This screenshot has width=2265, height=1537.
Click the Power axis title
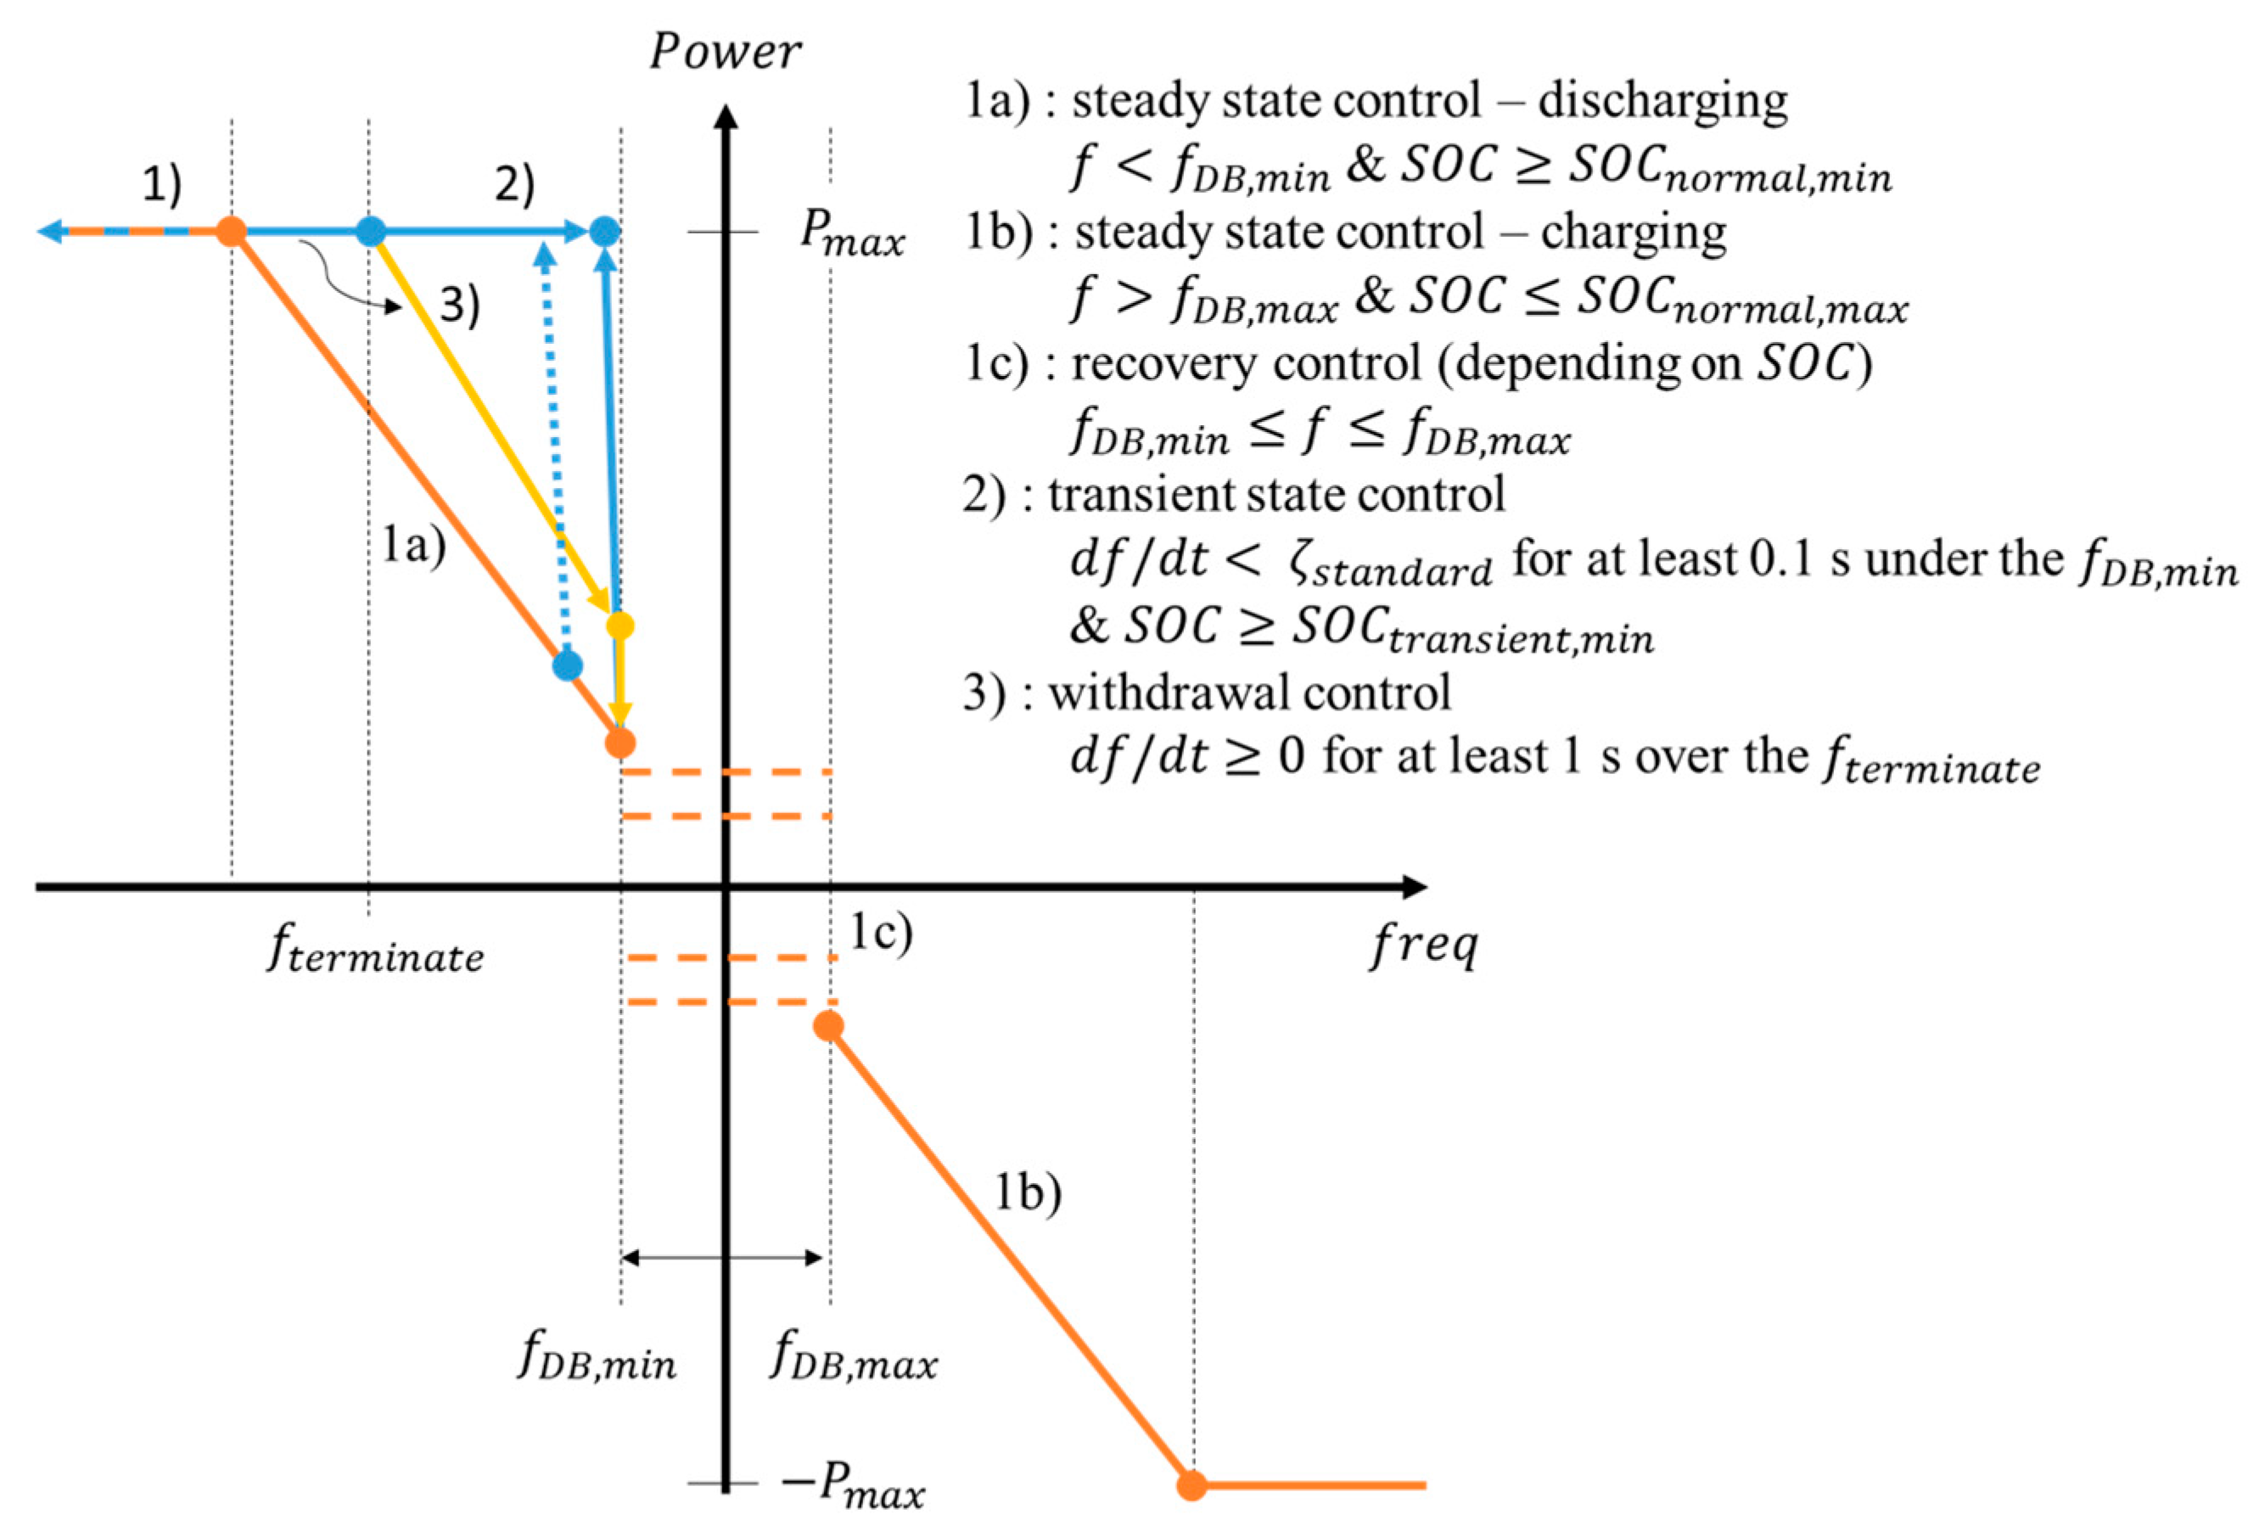(725, 52)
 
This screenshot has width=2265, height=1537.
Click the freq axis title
(1425, 944)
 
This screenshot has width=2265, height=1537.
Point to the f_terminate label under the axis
(375, 951)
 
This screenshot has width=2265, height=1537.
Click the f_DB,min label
(597, 1357)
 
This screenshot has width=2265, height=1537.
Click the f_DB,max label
(854, 1357)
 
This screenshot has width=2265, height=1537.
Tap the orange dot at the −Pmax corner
(1191, 1485)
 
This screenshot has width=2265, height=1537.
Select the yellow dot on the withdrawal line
(620, 625)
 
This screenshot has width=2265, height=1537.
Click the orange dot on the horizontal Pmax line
(231, 232)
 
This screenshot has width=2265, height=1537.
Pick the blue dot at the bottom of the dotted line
(567, 665)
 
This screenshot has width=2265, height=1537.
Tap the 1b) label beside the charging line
(1027, 1192)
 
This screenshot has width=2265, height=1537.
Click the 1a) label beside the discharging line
(413, 544)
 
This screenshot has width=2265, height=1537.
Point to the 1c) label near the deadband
(881, 932)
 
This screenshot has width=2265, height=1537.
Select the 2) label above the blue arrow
(514, 183)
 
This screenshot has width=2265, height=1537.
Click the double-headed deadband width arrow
(722, 1257)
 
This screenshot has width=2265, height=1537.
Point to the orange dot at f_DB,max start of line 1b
(828, 1026)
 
